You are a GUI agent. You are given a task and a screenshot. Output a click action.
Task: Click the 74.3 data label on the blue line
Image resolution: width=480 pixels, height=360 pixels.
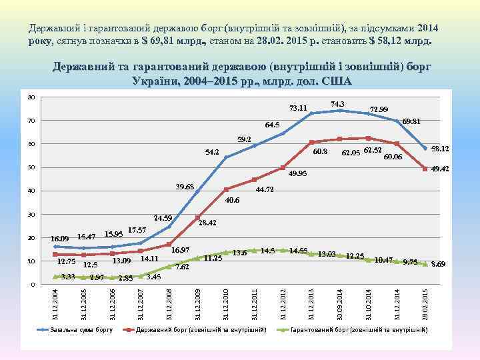coord(337,103)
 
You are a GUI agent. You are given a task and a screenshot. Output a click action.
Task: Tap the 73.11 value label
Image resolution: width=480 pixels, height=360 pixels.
coord(297,108)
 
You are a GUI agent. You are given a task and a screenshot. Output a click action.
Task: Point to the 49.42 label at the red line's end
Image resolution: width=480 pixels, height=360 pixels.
coord(440,169)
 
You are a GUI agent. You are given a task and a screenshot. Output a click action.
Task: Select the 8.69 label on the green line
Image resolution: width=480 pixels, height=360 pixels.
coord(439,265)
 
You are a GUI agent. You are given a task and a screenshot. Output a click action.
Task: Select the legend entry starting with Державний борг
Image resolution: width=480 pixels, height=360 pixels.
coord(200,329)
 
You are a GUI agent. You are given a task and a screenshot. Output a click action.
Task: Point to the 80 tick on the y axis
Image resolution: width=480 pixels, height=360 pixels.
coord(30,97)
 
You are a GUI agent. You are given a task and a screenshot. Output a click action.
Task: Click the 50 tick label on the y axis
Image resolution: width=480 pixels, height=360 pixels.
coord(30,167)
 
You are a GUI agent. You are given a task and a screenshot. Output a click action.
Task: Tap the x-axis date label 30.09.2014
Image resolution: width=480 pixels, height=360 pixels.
coord(341,303)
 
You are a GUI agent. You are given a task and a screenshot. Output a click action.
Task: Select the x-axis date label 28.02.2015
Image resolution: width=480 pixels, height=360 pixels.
coord(425,303)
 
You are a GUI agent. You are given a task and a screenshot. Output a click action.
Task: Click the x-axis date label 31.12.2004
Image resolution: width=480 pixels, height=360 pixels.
coord(56,303)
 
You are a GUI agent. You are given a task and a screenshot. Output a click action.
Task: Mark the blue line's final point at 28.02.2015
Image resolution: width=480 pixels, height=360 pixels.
coord(425,148)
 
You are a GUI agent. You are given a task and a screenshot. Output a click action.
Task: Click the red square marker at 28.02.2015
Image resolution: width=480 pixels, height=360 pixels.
coord(425,169)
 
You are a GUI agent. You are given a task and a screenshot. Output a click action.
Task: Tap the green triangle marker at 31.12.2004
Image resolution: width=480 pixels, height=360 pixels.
coord(56,277)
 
